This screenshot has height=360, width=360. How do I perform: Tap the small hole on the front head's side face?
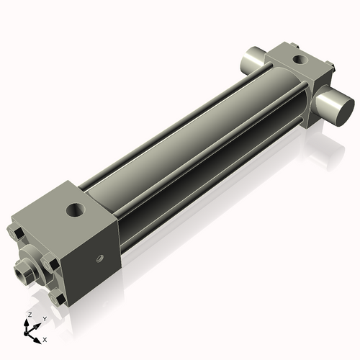(101, 258)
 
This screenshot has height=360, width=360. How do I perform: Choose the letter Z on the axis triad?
(29, 315)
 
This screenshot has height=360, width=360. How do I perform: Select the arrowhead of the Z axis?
(28, 323)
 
